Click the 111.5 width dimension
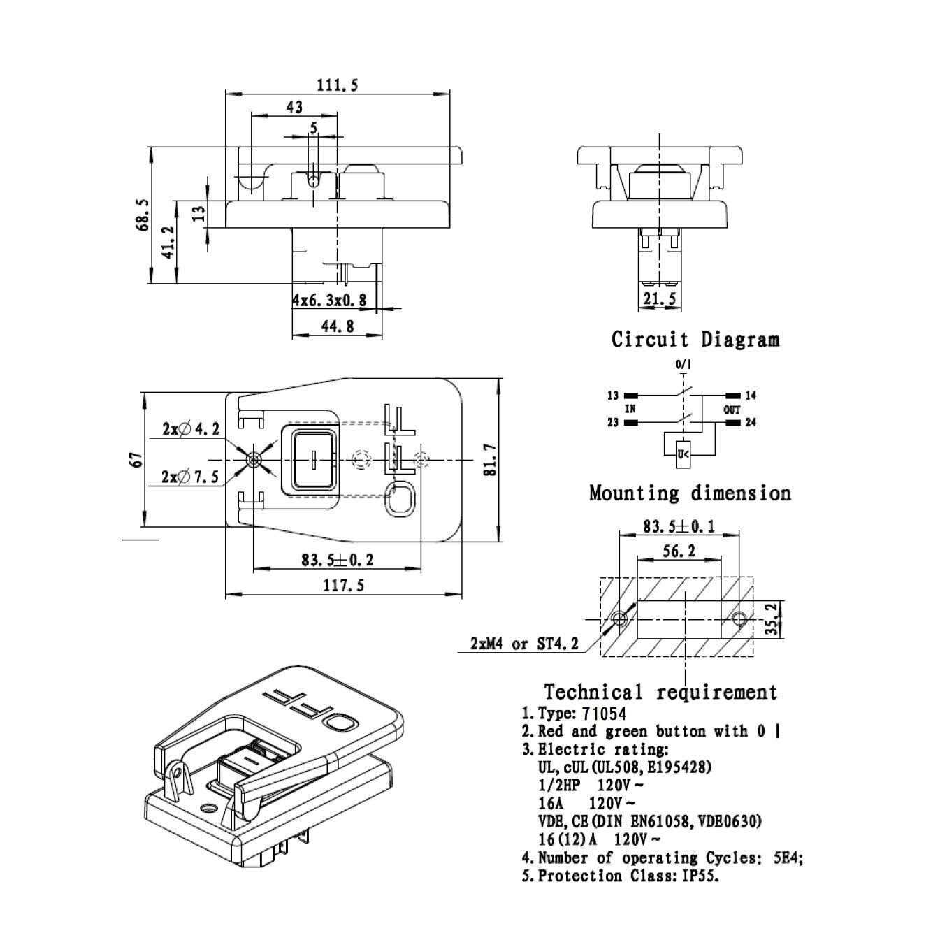pyautogui.click(x=338, y=85)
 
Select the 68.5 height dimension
pyautogui.click(x=144, y=215)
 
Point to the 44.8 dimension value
pyautogui.click(x=337, y=326)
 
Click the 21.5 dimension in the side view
pyautogui.click(x=658, y=299)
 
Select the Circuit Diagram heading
pyautogui.click(x=695, y=340)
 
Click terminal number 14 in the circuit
pyautogui.click(x=751, y=396)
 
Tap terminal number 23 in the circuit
pyautogui.click(x=612, y=423)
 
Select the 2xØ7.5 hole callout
pyautogui.click(x=191, y=477)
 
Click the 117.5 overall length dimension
pyautogui.click(x=342, y=585)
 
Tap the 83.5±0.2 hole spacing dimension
pyautogui.click(x=337, y=560)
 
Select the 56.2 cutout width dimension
pyautogui.click(x=678, y=551)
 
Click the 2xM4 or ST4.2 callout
pyautogui.click(x=524, y=644)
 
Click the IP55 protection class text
pyautogui.click(x=700, y=876)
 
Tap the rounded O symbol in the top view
pyautogui.click(x=400, y=500)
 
